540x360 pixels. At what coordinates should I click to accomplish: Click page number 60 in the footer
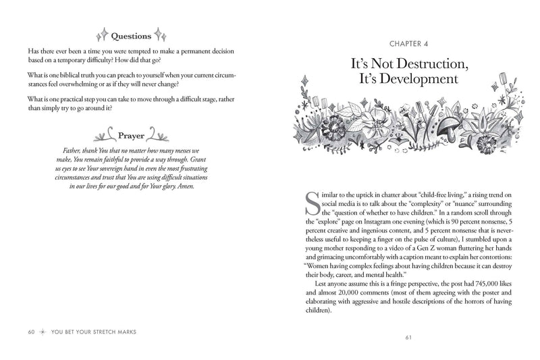coord(31,332)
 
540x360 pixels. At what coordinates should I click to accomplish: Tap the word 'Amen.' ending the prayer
coord(182,186)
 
